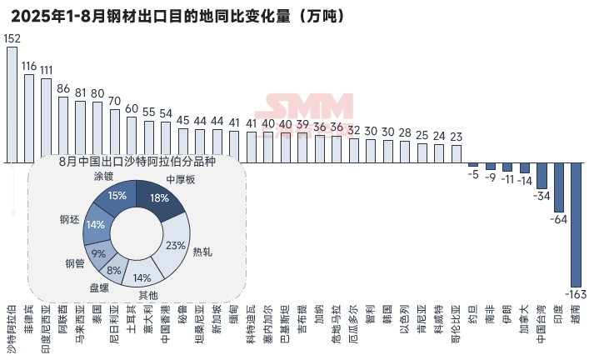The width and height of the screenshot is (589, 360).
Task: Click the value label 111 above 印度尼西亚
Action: tap(47, 70)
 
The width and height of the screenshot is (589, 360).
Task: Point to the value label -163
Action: tap(575, 294)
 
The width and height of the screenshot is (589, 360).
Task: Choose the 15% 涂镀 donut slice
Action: tap(117, 197)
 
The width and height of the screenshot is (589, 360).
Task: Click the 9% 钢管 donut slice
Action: tap(99, 253)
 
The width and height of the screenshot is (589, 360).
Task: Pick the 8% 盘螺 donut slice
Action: tap(114, 270)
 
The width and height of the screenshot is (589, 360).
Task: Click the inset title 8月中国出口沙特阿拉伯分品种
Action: tap(137, 162)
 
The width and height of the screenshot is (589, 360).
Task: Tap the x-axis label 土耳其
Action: tap(132, 317)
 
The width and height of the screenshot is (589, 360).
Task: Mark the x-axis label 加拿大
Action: tap(524, 317)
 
